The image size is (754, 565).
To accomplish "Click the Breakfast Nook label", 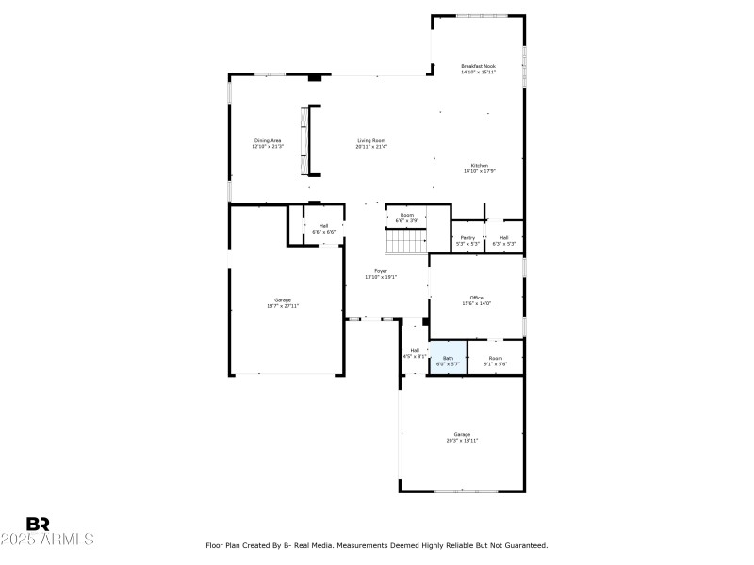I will coord(478,69).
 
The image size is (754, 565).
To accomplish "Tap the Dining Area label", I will coord(267,143).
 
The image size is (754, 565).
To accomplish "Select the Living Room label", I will coord(371,143).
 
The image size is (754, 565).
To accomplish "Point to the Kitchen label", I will coord(480,168).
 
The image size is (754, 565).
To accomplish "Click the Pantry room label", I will coord(467,240).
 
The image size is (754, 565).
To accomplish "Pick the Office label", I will coord(476,300).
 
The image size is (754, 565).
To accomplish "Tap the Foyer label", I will coord(380,273).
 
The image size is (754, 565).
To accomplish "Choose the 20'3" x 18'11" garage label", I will coord(462,437).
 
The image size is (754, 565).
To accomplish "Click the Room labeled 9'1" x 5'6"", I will coord(495,360).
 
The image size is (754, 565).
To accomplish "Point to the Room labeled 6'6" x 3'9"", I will coord(407,218).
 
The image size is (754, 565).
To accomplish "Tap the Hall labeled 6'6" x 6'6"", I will coord(323,228).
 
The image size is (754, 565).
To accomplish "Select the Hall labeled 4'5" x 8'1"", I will coord(415,353).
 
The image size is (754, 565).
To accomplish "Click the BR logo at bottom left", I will coord(38,524).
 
